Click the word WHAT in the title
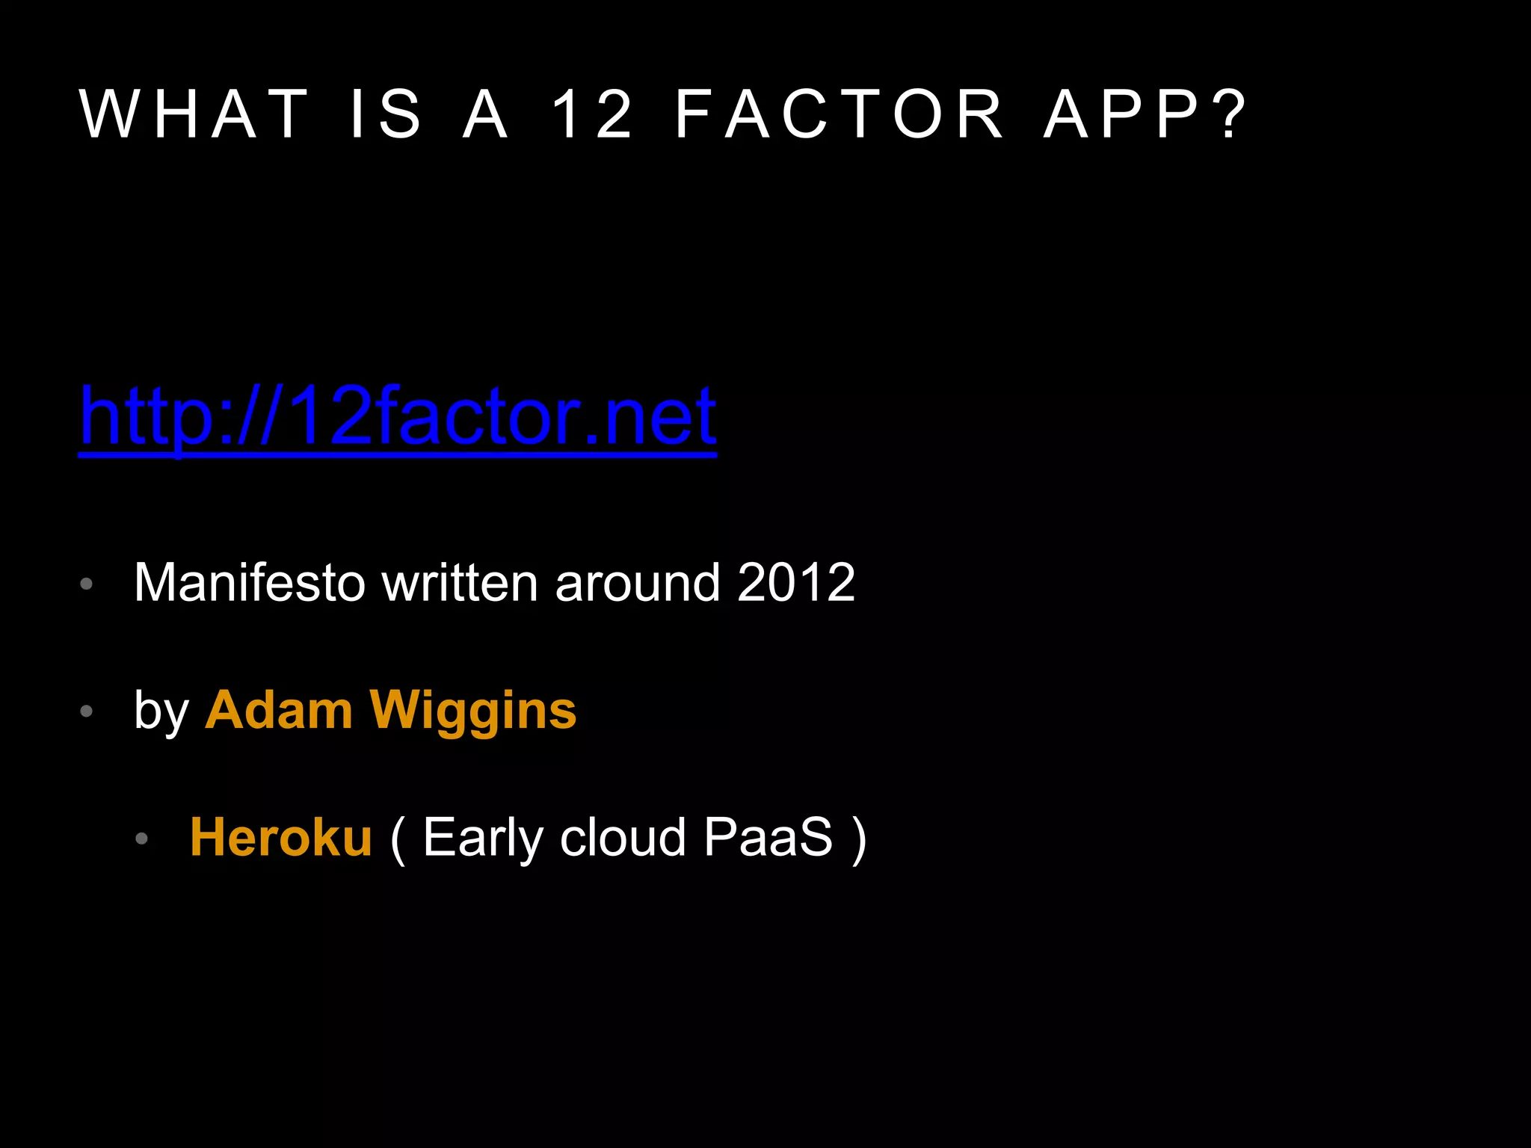(x=194, y=114)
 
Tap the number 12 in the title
(x=592, y=114)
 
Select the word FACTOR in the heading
(x=840, y=114)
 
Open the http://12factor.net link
(x=398, y=416)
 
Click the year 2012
(x=796, y=583)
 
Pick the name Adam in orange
(x=279, y=710)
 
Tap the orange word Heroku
(x=281, y=837)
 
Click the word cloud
(x=623, y=837)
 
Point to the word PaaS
(x=768, y=837)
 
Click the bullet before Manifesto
(x=87, y=584)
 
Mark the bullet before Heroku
(x=142, y=839)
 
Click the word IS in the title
(x=386, y=114)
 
